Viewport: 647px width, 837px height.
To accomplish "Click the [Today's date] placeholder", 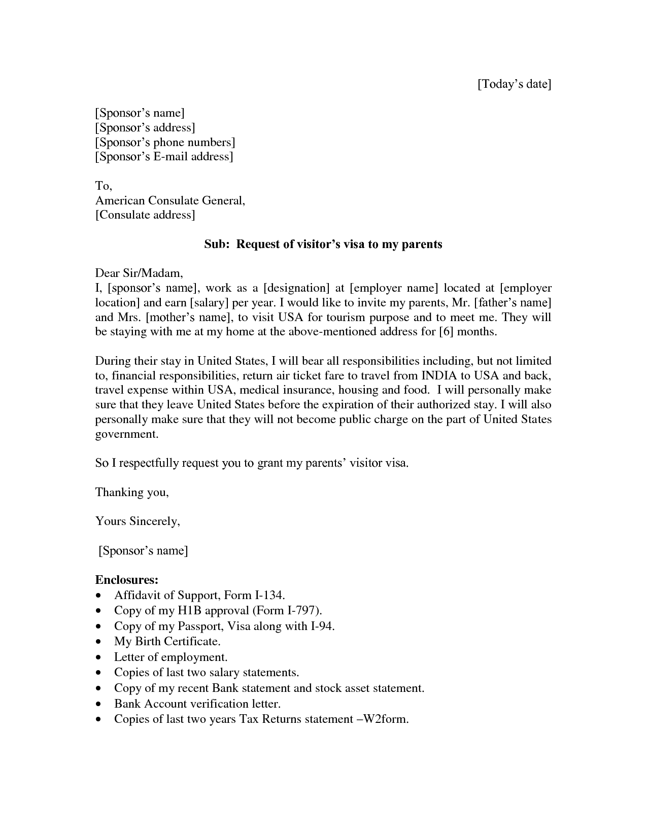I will point(514,84).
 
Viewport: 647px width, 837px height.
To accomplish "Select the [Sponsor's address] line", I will point(145,127).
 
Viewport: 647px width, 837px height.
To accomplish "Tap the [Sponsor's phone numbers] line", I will point(165,142).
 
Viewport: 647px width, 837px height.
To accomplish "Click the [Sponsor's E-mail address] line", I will point(164,156).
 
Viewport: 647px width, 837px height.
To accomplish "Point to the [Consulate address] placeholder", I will point(145,215).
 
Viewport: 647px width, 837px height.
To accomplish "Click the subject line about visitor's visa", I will point(323,245).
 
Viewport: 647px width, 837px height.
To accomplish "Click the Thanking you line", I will point(132,492).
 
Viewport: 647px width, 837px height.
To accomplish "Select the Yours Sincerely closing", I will point(138,521).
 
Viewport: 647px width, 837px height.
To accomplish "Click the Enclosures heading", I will point(127,580).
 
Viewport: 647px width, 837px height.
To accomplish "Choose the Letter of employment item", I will point(171,657).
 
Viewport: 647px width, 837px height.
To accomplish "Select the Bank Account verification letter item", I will point(197,704).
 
